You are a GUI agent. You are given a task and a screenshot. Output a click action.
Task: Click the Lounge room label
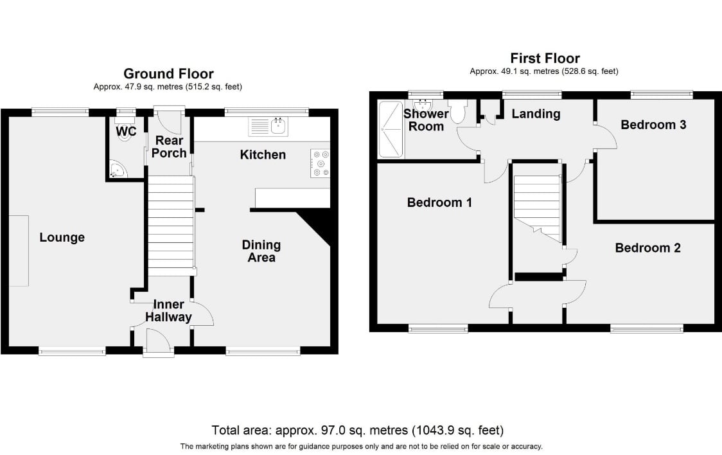click(x=62, y=237)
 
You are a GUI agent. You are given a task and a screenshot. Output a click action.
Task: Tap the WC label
click(x=126, y=131)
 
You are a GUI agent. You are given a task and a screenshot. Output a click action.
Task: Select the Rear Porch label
click(x=169, y=147)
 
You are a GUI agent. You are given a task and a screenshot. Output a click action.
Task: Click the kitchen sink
click(x=268, y=127)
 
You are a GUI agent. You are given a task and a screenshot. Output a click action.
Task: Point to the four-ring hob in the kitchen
click(x=320, y=163)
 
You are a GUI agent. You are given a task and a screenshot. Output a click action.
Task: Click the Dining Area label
click(x=261, y=251)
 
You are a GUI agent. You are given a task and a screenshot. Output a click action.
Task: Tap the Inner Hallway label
click(x=168, y=310)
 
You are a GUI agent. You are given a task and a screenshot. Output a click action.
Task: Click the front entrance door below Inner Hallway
click(x=158, y=342)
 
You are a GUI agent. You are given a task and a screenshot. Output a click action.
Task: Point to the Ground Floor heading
click(x=168, y=74)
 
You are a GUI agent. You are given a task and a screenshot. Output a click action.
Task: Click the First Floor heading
click(x=545, y=58)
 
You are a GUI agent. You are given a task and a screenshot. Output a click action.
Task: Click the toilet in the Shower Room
click(x=457, y=111)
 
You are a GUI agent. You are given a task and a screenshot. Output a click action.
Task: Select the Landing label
click(x=536, y=114)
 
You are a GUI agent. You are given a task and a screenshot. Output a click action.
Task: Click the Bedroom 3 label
click(x=653, y=124)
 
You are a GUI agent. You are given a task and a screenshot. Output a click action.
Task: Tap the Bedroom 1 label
click(x=439, y=202)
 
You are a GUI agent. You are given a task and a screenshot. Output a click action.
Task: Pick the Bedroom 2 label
click(x=647, y=248)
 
